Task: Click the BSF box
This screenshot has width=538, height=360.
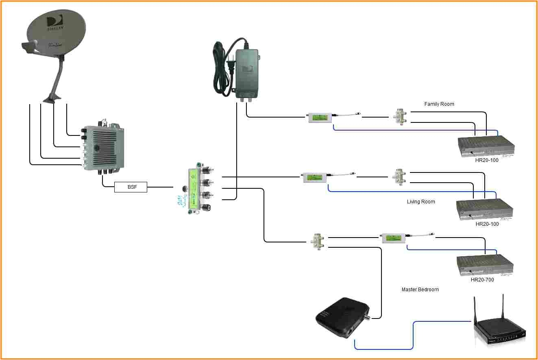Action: pyautogui.click(x=130, y=188)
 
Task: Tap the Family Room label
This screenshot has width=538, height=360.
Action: pyautogui.click(x=439, y=104)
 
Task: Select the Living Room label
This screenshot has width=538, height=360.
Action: pyautogui.click(x=421, y=202)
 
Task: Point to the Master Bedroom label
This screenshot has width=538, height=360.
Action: pyautogui.click(x=420, y=290)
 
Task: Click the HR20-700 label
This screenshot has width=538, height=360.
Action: pyautogui.click(x=482, y=280)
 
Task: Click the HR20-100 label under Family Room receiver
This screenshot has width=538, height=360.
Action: pyautogui.click(x=487, y=160)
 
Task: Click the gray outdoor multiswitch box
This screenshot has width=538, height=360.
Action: pyautogui.click(x=104, y=148)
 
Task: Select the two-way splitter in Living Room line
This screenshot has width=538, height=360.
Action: pyautogui.click(x=399, y=177)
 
